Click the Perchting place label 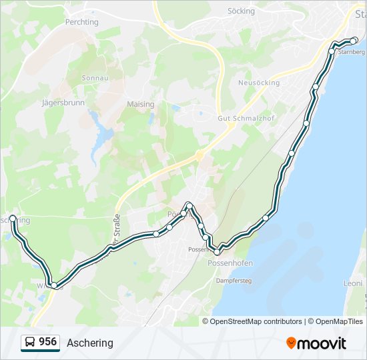tap(81, 22)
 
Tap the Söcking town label tap(241, 11)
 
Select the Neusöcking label tap(259, 83)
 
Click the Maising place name tap(140, 104)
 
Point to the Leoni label tap(352, 283)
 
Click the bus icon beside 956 tap(30, 343)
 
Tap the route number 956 tap(47, 342)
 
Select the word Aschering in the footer tap(90, 343)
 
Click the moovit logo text tap(322, 343)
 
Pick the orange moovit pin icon tap(291, 343)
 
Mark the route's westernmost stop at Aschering tap(13, 218)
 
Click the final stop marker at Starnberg tap(354, 41)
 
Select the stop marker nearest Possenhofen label tap(217, 252)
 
